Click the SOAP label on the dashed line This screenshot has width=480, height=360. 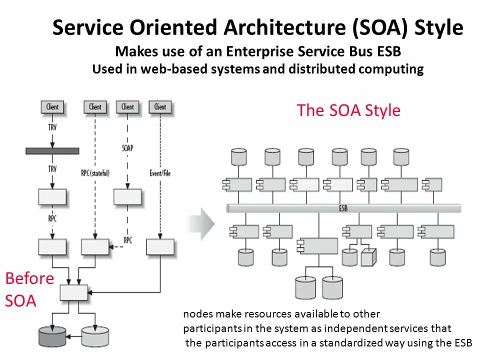click(x=127, y=148)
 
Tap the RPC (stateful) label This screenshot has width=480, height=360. click(x=95, y=173)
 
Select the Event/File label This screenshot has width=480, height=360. click(x=160, y=173)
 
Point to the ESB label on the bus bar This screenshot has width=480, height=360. click(x=343, y=208)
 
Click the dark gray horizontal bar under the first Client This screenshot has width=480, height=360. click(x=52, y=150)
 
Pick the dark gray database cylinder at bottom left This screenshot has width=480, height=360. click(x=52, y=336)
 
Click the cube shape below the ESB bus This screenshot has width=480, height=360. click(x=368, y=257)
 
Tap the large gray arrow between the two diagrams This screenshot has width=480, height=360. click(x=202, y=223)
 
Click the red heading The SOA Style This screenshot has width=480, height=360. click(x=348, y=110)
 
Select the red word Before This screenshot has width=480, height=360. click(x=29, y=278)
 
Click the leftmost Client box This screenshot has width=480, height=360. click(x=52, y=106)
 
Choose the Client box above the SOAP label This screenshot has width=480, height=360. click(x=127, y=106)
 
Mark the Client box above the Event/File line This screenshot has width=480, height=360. click(x=160, y=106)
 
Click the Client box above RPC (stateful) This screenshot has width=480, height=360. click(x=95, y=106)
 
